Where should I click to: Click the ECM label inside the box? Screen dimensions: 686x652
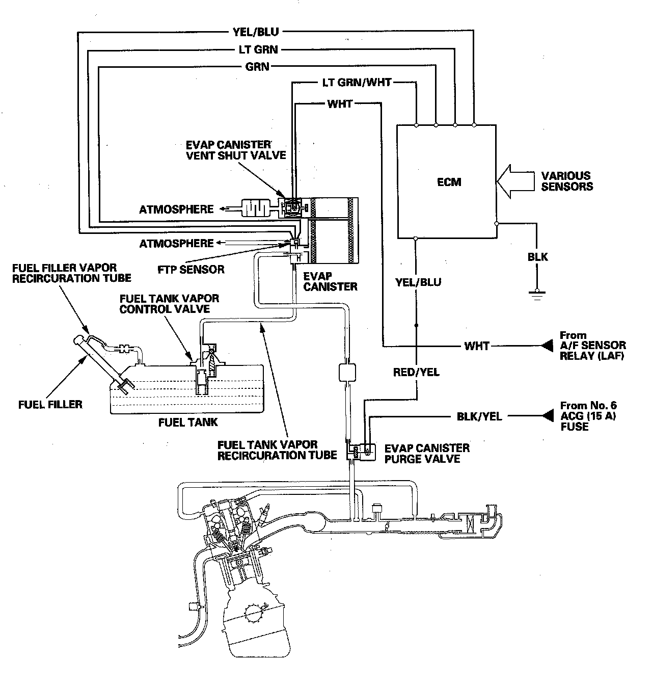click(449, 181)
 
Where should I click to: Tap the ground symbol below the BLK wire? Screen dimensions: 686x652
click(536, 294)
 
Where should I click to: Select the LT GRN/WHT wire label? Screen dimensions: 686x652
click(357, 82)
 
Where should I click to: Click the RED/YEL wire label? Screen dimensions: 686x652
click(416, 373)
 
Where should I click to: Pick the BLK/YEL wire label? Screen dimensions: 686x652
click(479, 416)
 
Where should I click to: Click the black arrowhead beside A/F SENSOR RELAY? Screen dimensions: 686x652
click(547, 346)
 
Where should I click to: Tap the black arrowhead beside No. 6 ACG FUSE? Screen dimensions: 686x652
click(547, 416)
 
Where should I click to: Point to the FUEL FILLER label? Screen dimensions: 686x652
click(50, 405)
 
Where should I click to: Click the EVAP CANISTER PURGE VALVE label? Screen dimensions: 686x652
click(427, 453)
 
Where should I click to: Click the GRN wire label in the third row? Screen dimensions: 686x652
click(257, 66)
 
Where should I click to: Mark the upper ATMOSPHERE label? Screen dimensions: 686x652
click(176, 209)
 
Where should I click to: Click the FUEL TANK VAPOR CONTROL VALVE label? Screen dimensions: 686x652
click(169, 303)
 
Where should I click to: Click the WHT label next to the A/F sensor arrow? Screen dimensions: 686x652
click(477, 346)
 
